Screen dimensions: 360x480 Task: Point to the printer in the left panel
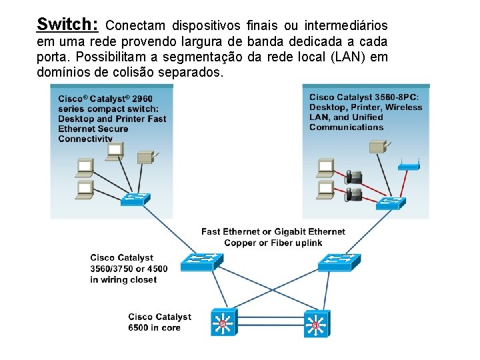point(145,157)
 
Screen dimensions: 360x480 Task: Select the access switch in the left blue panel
point(135,199)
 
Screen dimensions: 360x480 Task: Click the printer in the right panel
point(380,146)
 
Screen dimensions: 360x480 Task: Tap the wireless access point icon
point(409,166)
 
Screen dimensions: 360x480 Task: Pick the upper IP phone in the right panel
point(353,177)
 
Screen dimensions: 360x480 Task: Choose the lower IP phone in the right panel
point(353,194)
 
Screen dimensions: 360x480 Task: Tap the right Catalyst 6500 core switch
point(315,324)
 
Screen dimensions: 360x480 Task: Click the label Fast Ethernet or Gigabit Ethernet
point(273,231)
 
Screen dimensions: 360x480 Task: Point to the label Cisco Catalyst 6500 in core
point(159,322)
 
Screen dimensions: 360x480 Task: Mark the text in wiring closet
point(123,279)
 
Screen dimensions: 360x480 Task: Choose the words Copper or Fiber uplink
point(273,243)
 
